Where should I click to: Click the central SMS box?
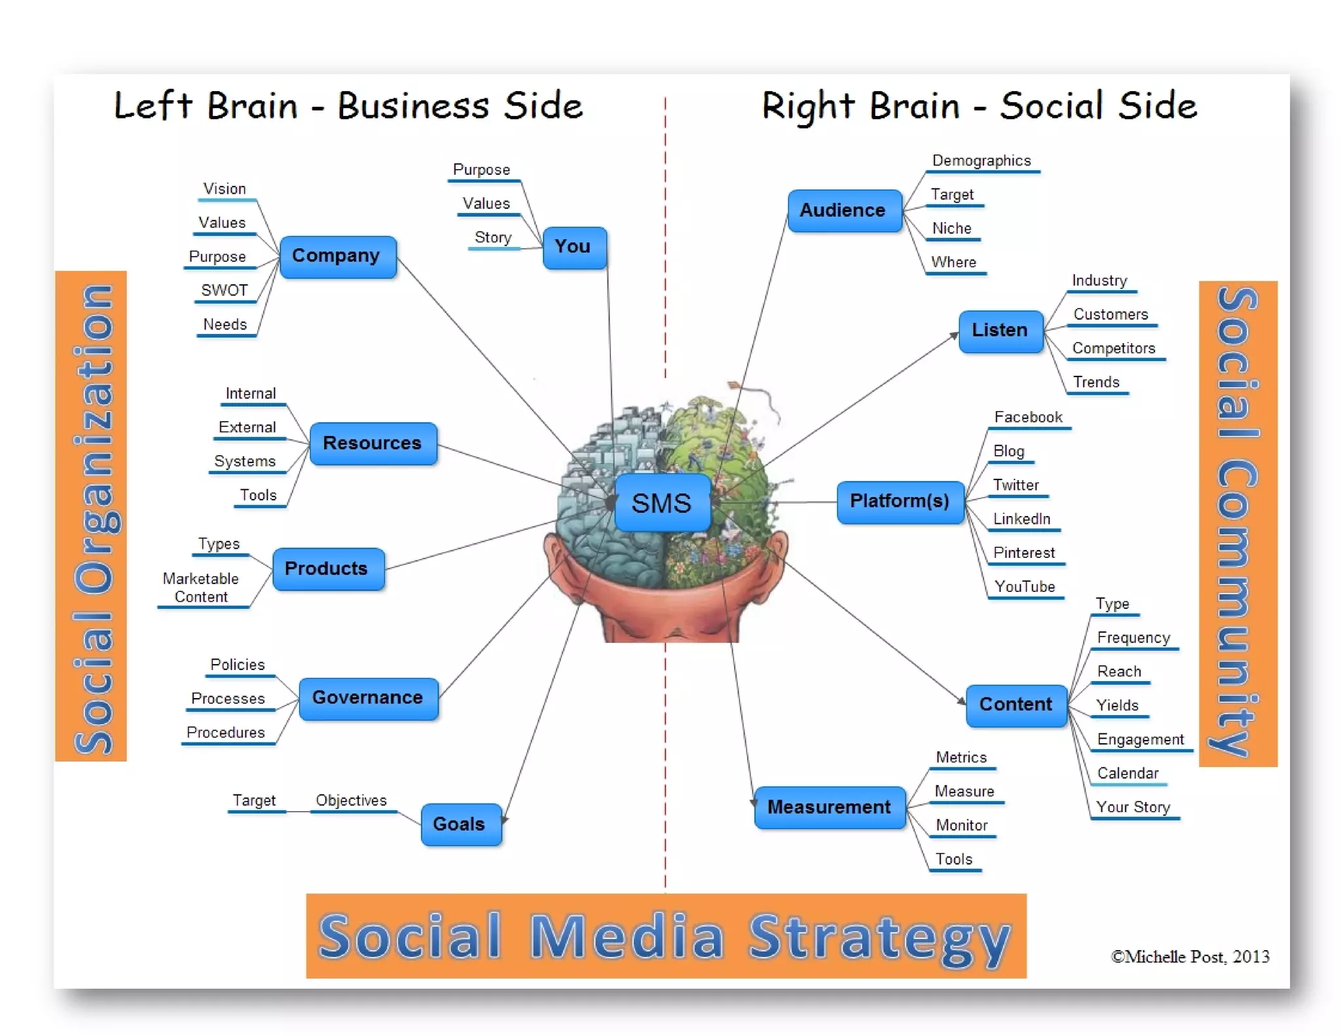662,503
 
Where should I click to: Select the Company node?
337,256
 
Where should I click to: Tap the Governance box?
367,698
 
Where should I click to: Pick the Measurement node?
829,807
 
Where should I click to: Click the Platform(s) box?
900,502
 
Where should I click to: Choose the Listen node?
999,331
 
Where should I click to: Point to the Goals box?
460,824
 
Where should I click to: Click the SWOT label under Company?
224,291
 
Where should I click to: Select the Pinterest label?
1024,553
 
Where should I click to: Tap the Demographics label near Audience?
982,161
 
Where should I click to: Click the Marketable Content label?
201,588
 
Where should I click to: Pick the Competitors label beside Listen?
1114,348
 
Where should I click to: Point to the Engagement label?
1141,739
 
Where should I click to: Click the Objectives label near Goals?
352,800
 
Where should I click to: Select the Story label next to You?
493,238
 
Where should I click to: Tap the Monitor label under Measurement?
961,825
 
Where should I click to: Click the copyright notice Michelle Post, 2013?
1190,957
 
